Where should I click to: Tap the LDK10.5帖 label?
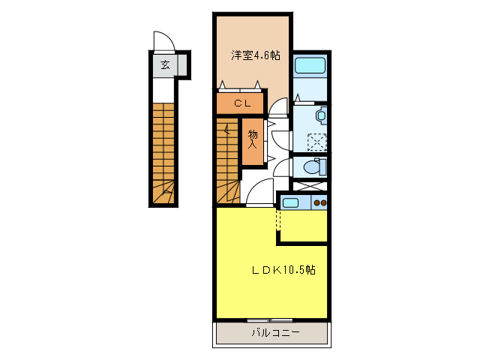click(283, 270)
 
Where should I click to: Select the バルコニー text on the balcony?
click(274, 331)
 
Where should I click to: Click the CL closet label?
click(241, 103)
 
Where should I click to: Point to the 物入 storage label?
click(253, 139)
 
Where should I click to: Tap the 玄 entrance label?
click(164, 65)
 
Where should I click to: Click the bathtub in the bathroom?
click(309, 64)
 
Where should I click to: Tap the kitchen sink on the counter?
click(291, 202)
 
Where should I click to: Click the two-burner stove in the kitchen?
click(320, 202)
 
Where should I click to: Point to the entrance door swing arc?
click(163, 40)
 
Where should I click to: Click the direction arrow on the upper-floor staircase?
click(227, 135)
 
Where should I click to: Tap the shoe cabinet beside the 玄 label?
click(182, 65)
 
